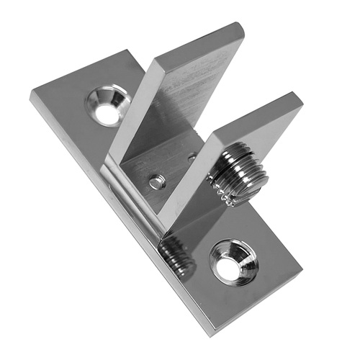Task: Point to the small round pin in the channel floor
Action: coord(156,182)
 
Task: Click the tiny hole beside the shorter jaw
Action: coord(192,156)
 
